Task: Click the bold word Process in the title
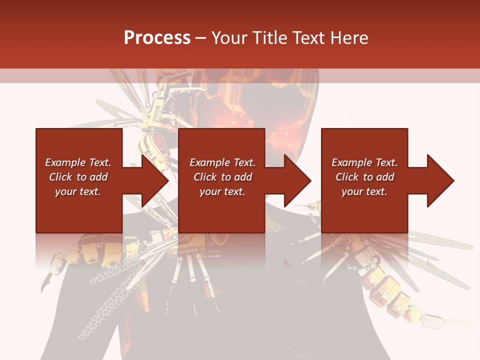point(157,38)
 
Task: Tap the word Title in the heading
point(270,38)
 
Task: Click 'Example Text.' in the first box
point(78,162)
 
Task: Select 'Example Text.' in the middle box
point(222,162)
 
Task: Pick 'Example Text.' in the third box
point(364,162)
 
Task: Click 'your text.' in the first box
point(78,191)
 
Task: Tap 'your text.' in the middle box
point(222,191)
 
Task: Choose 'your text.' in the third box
point(364,191)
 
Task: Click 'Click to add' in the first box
point(78,177)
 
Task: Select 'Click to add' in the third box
point(364,177)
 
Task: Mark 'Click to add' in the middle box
point(222,177)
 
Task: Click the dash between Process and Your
point(201,38)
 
